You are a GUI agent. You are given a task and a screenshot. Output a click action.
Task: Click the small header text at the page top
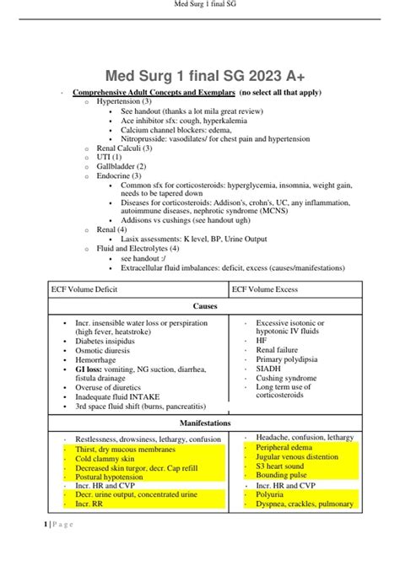coord(200,7)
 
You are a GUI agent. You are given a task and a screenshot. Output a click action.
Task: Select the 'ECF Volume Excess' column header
coord(269,288)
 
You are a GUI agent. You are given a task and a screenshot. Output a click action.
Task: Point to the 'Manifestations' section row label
coord(199,422)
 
